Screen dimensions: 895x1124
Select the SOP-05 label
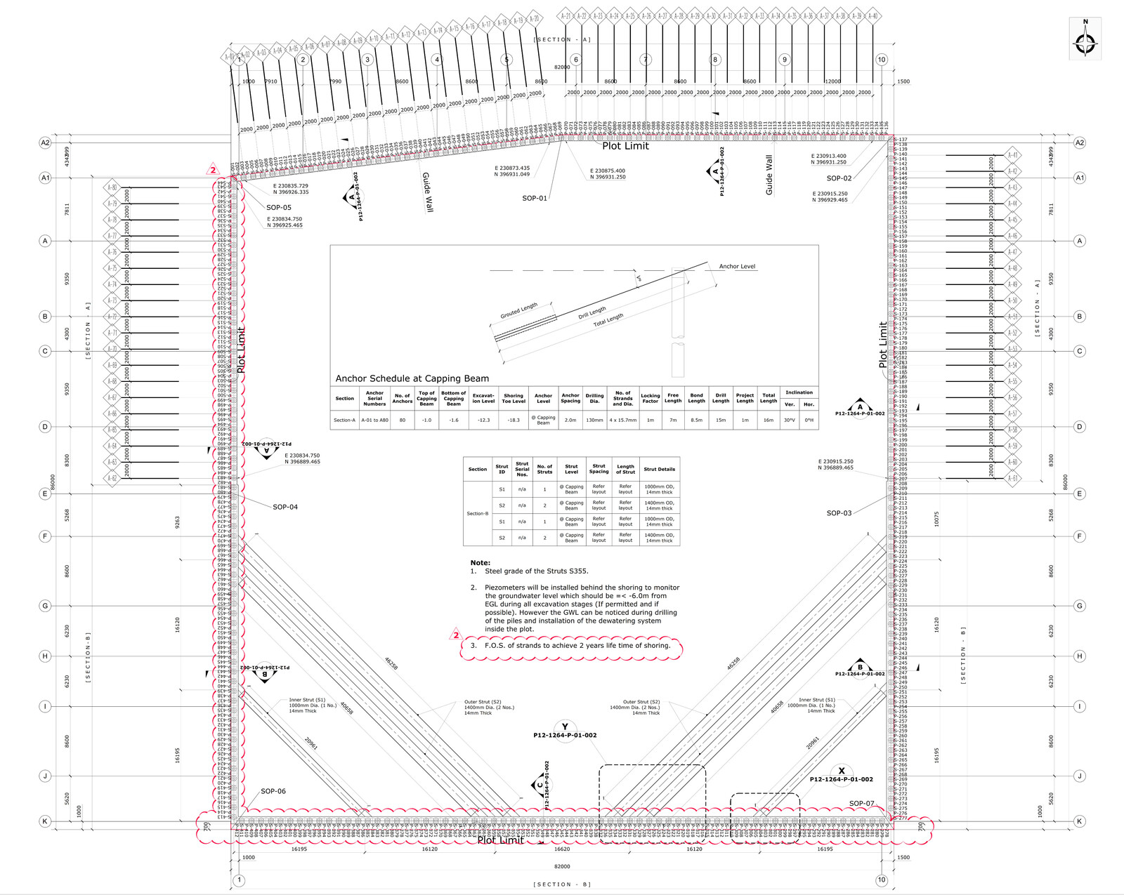coord(279,208)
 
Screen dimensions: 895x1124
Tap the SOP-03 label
coord(839,513)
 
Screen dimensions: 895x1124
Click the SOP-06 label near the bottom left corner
coord(273,791)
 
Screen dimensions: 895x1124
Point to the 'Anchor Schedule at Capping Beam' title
coord(412,378)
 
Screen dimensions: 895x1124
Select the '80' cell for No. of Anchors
coord(402,420)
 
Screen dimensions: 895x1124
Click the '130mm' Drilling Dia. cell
coord(594,420)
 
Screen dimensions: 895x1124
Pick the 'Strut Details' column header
coord(659,469)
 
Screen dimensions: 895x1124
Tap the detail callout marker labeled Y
coord(565,727)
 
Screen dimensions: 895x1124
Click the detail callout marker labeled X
coord(842,771)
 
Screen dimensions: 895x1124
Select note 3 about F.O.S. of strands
coord(570,645)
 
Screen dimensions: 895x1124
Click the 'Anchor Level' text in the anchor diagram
coord(737,267)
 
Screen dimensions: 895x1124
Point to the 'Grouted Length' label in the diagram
coord(518,310)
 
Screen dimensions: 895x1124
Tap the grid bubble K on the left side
coord(45,821)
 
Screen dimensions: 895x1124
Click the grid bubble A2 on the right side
coord(1079,142)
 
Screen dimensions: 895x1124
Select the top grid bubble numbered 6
coord(576,60)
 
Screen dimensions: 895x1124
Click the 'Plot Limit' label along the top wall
coord(625,146)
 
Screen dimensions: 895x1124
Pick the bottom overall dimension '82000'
coord(561,866)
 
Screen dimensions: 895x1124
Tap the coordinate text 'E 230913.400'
coord(829,157)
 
